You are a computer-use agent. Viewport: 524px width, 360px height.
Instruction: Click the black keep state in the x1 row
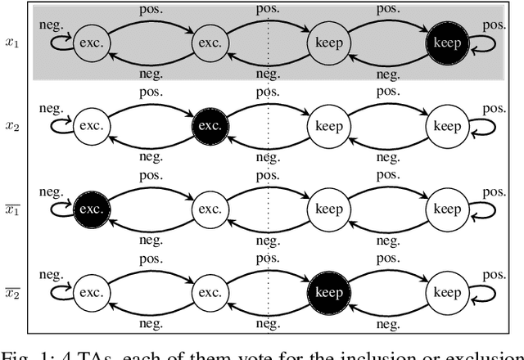447,42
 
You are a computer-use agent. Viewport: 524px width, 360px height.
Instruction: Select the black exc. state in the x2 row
209,127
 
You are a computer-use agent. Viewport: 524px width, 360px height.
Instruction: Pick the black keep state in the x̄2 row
328,292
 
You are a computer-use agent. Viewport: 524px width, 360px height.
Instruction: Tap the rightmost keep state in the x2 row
447,127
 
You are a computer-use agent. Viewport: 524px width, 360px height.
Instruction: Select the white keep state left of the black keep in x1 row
328,42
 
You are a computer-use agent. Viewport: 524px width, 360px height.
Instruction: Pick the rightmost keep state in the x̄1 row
447,209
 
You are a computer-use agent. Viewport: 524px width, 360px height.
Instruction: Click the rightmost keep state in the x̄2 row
447,292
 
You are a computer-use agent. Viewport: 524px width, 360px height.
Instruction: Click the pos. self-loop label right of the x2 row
494,109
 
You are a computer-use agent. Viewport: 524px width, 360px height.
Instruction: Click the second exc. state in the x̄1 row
209,209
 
